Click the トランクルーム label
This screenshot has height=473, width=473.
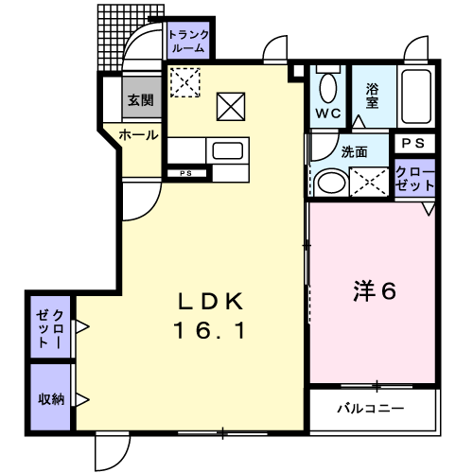188,41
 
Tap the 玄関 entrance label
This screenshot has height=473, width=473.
141,100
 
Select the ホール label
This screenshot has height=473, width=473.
138,135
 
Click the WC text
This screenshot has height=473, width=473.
328,114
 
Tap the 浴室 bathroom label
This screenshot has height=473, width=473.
372,96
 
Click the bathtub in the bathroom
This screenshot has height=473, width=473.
416,96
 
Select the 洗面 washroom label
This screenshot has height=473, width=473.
355,152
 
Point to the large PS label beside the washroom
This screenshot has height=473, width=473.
413,144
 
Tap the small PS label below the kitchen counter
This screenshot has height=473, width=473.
186,173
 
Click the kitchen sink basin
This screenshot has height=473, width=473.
228,150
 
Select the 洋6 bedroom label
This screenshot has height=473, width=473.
375,290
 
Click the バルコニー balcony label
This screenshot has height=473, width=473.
371,409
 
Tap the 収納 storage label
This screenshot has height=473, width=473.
51,399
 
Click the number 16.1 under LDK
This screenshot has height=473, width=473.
210,330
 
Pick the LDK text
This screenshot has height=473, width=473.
211,301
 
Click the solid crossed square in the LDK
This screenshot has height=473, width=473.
231,107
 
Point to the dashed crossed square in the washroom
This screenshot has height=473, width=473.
369,183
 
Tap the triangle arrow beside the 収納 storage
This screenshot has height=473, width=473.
82,400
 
